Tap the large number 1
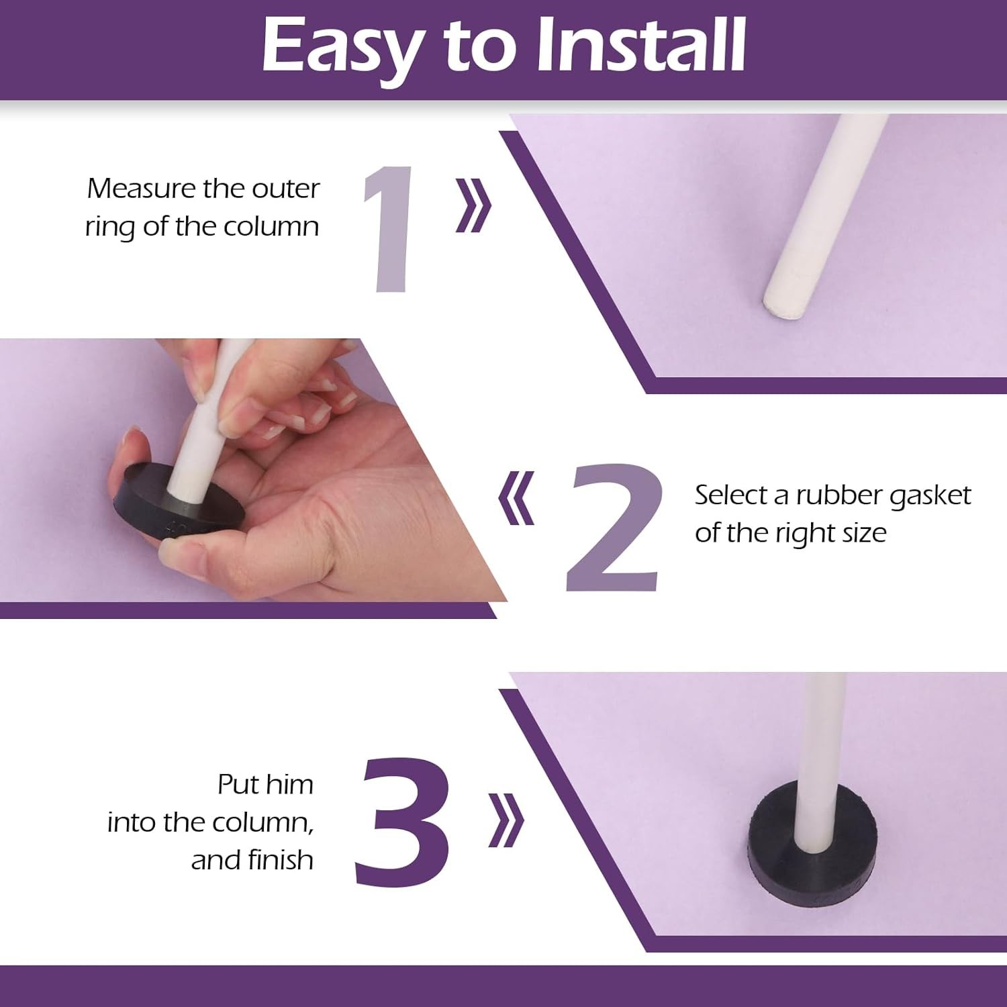389,228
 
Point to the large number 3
401,820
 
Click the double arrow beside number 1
474,205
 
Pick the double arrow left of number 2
516,497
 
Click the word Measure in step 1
141,189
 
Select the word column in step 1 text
271,227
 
